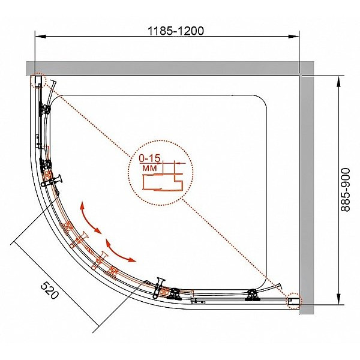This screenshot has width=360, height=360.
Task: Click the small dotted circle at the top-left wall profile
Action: tap(37, 81)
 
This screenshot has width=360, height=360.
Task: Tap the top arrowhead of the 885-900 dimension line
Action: tap(340, 80)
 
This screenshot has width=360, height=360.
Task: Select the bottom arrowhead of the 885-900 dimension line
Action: tap(340, 299)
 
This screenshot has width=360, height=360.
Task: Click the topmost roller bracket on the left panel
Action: tap(45, 109)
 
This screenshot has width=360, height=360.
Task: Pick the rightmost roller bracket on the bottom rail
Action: tap(252, 294)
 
